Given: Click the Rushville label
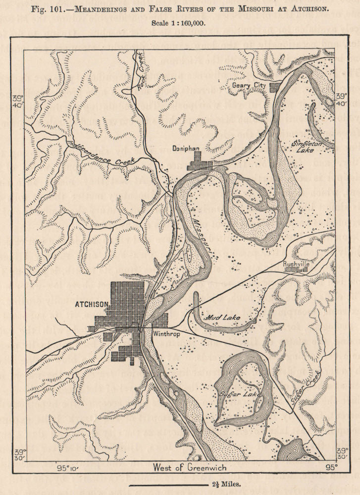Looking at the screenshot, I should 297,264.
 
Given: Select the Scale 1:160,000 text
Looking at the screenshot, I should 180,22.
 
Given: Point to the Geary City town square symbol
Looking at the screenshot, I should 274,87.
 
